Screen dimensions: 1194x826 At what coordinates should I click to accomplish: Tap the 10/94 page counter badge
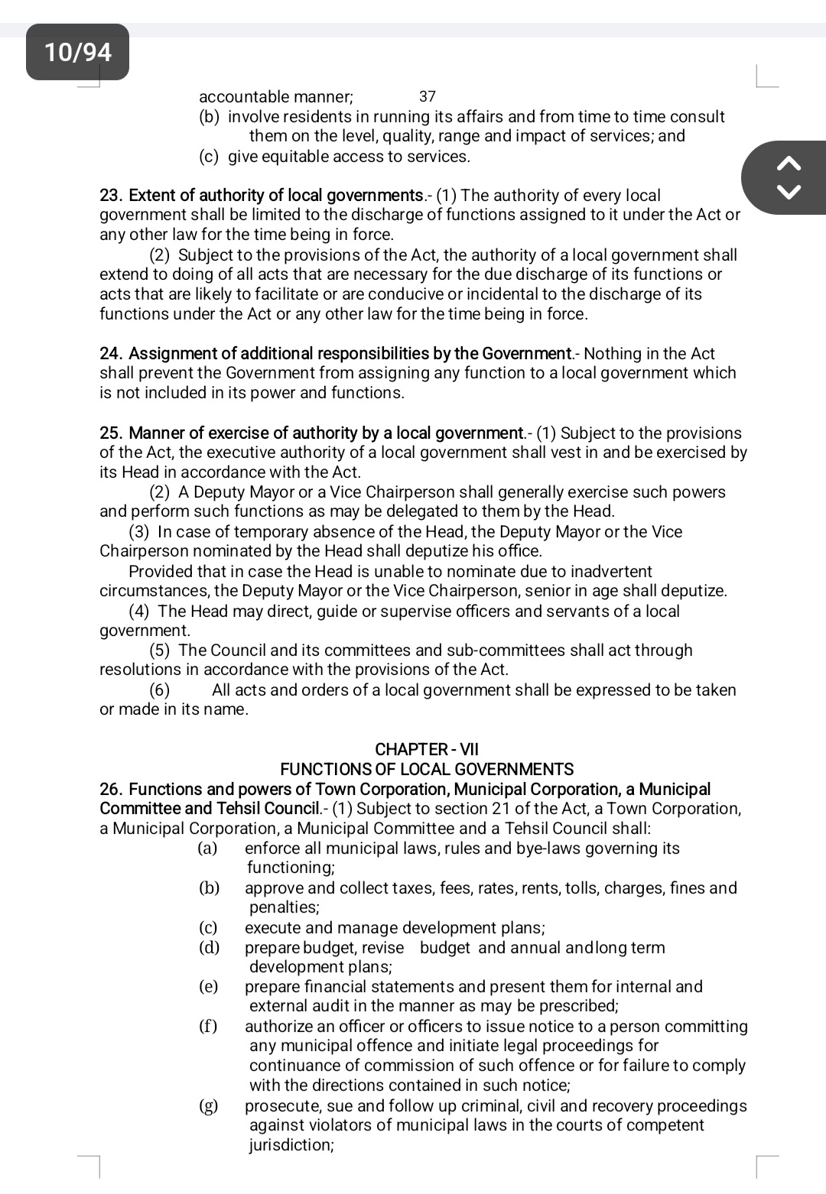(77, 52)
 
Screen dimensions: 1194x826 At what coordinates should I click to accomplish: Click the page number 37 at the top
(428, 96)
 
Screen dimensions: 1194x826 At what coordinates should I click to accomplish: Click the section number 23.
(112, 196)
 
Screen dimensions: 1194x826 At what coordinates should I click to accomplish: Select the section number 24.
(112, 354)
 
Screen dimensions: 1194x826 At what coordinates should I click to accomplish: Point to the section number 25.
(112, 433)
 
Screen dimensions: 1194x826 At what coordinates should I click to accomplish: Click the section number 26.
(112, 790)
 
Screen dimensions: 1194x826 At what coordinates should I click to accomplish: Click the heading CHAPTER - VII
(427, 750)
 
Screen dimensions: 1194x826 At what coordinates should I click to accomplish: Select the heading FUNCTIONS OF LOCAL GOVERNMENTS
(427, 770)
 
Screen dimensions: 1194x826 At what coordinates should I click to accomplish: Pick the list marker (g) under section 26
(208, 1106)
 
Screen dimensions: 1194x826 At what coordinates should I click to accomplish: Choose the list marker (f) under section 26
(208, 1027)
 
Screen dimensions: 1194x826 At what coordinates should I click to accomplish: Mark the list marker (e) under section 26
(208, 987)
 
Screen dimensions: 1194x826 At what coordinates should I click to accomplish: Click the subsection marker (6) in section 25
(160, 690)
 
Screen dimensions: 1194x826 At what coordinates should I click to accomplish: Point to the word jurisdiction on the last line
(291, 1145)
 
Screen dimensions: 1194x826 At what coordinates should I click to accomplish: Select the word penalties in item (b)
(284, 907)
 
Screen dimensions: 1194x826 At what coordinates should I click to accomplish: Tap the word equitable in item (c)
(295, 157)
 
